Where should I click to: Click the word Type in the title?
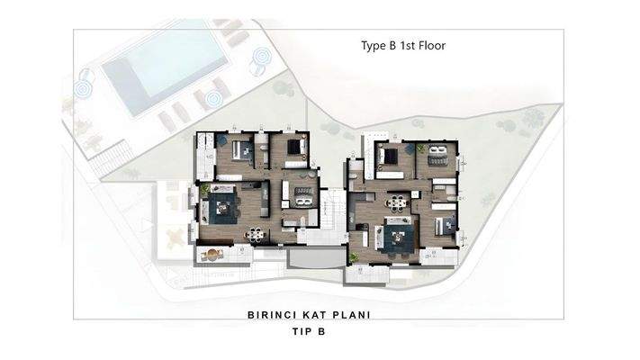pyautogui.click(x=365, y=44)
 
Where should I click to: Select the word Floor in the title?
pyautogui.click(x=431, y=44)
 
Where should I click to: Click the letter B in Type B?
pyautogui.click(x=386, y=44)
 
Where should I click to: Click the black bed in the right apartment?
pyautogui.click(x=391, y=157)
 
